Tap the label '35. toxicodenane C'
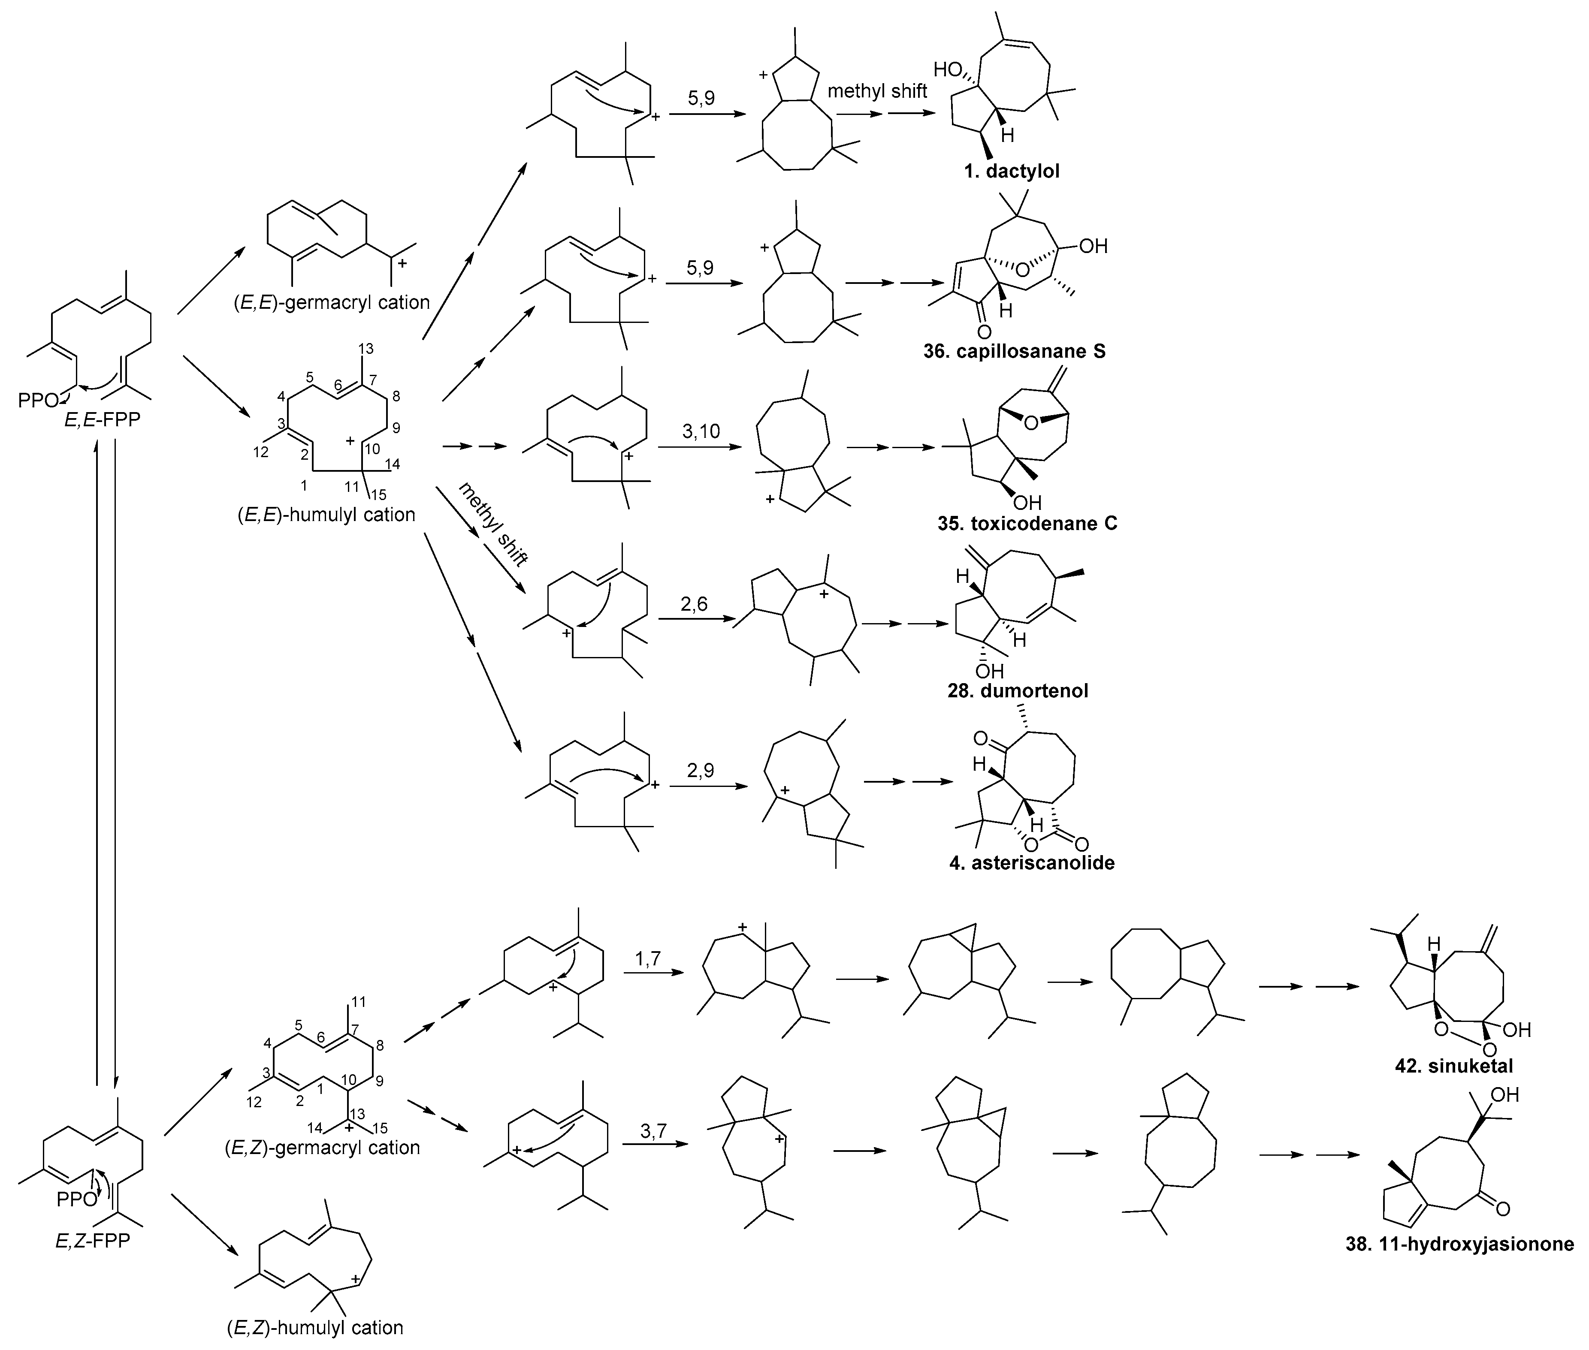click(x=1027, y=524)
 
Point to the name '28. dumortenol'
click(x=1017, y=690)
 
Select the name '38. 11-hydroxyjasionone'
click(x=1459, y=1265)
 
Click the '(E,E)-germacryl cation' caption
click(x=332, y=302)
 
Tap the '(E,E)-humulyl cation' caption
click(x=326, y=514)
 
